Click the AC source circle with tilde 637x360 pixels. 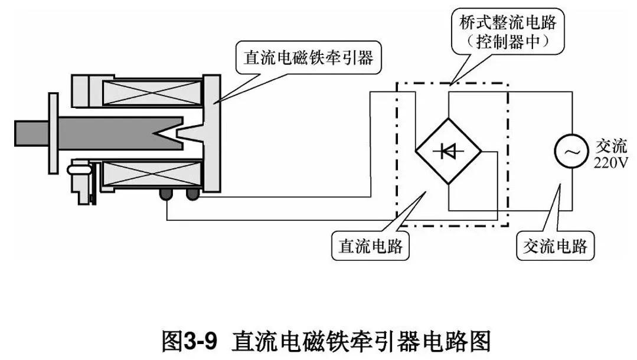[570, 151]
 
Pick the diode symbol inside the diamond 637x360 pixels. [448, 152]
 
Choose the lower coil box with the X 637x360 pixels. [151, 176]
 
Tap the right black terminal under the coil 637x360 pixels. [192, 194]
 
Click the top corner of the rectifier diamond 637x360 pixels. [448, 117]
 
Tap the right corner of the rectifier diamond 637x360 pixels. [481, 152]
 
